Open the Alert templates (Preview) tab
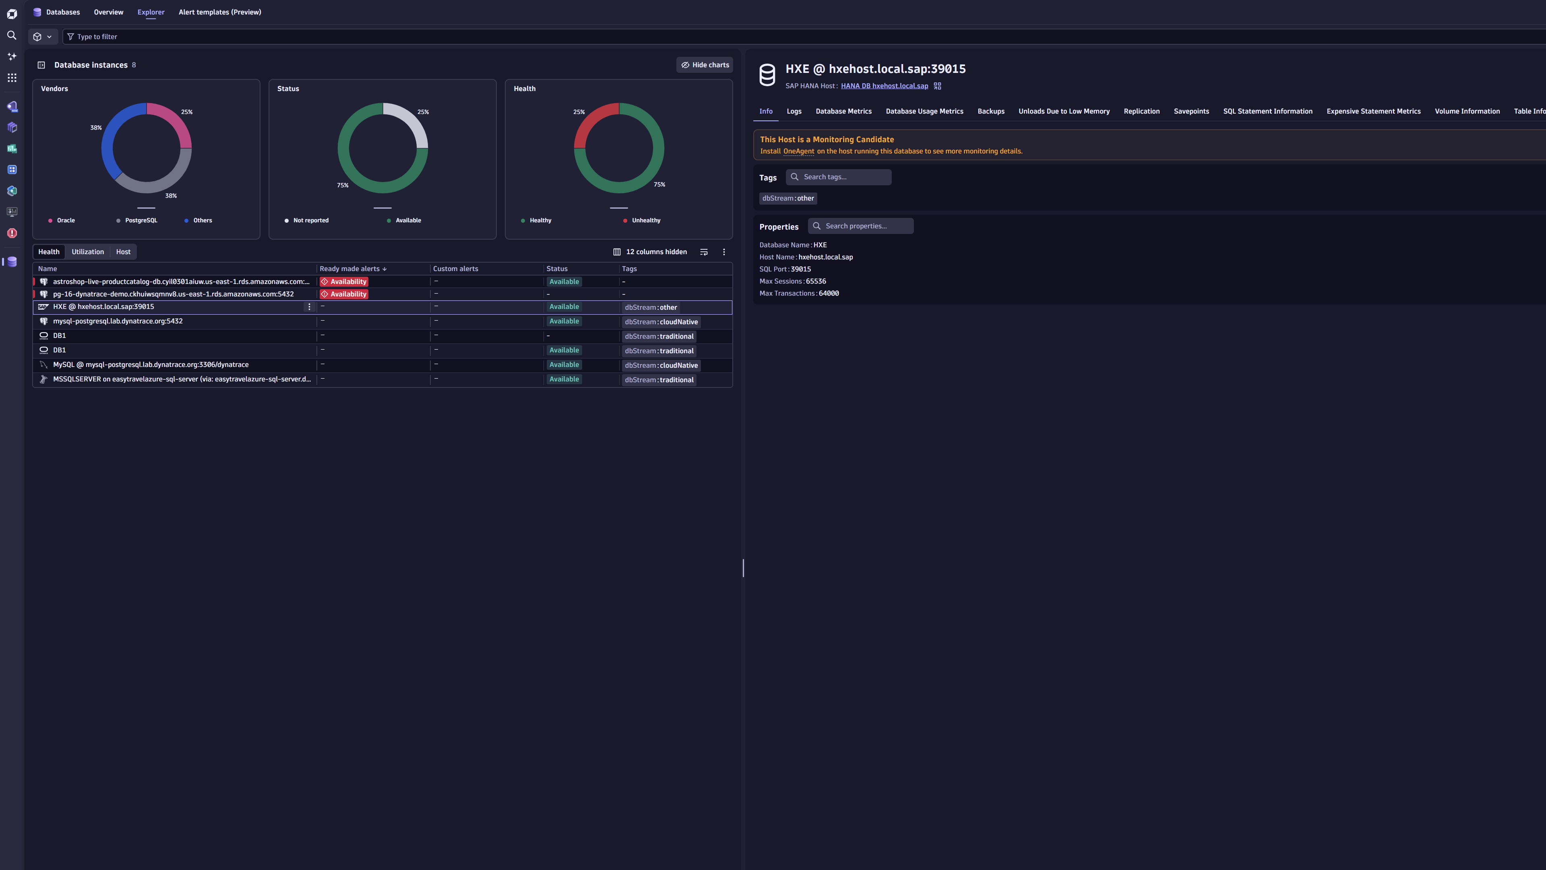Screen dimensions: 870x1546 (220, 12)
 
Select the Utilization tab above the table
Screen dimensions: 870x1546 (88, 252)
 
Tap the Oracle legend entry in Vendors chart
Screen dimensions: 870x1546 (65, 220)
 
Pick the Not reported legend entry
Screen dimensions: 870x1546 (310, 220)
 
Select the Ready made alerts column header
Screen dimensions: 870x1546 (350, 268)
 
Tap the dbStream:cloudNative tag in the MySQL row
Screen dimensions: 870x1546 (661, 365)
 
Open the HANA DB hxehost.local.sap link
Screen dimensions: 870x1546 (884, 86)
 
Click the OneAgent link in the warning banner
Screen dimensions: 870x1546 (798, 151)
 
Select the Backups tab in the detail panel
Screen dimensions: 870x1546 (990, 111)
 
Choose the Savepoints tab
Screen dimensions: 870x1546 (1191, 111)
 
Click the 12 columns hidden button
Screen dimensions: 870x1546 (650, 252)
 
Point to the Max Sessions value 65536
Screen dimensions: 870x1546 (816, 281)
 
